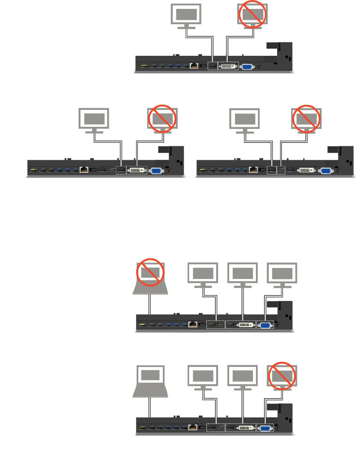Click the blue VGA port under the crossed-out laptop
(x=265, y=325)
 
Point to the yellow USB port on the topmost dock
(x=143, y=66)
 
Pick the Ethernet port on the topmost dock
(x=194, y=66)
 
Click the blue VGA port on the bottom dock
(x=265, y=428)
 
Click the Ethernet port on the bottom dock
(x=194, y=428)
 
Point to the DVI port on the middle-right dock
(x=305, y=170)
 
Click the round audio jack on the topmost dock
(x=259, y=66)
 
